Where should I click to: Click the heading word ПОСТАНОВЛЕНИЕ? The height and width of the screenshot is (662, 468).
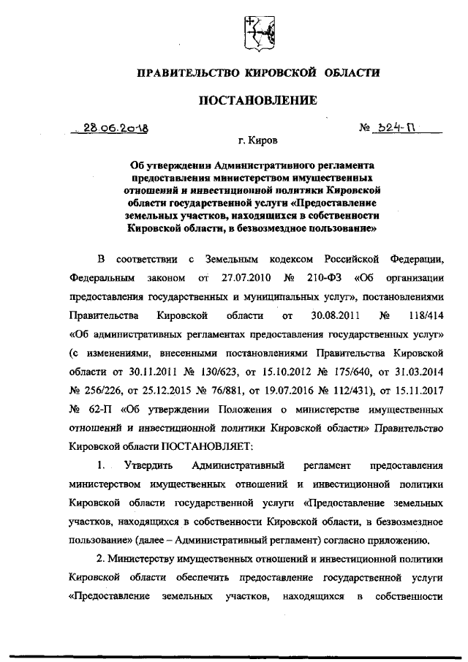point(259,100)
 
